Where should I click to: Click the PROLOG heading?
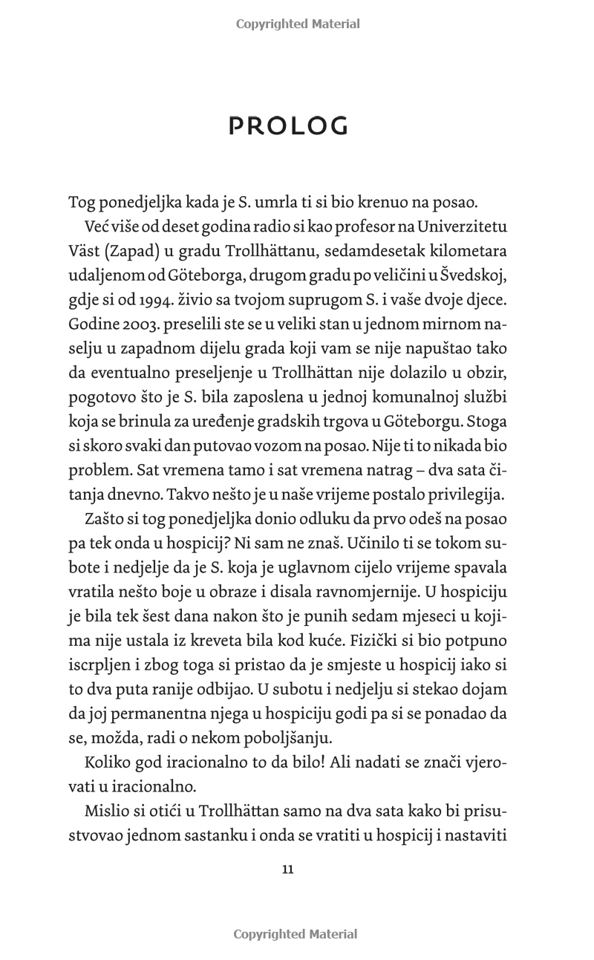pyautogui.click(x=288, y=127)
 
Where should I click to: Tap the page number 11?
pyautogui.click(x=288, y=869)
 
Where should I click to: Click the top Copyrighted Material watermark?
pyautogui.click(x=298, y=24)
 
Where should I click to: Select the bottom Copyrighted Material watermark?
pyautogui.click(x=296, y=934)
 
